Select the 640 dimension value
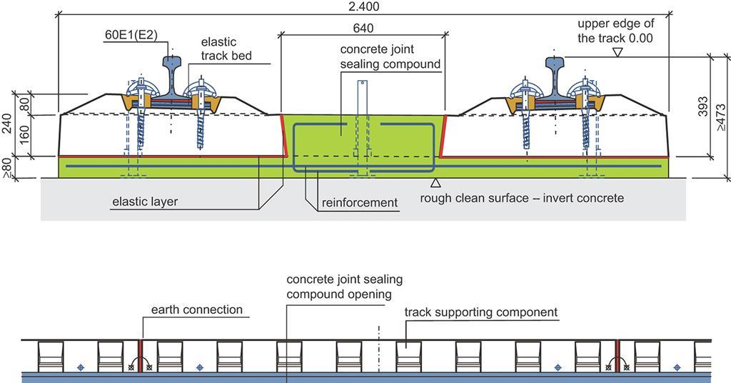click(363, 28)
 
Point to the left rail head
click(173, 65)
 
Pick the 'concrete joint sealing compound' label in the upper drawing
click(390, 56)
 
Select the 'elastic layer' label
click(145, 202)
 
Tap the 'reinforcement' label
click(359, 203)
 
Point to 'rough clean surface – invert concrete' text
click(522, 197)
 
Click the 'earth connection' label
click(196, 309)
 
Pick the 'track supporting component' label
click(480, 312)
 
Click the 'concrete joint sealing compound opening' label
click(339, 286)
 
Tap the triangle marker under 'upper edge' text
click(617, 52)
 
